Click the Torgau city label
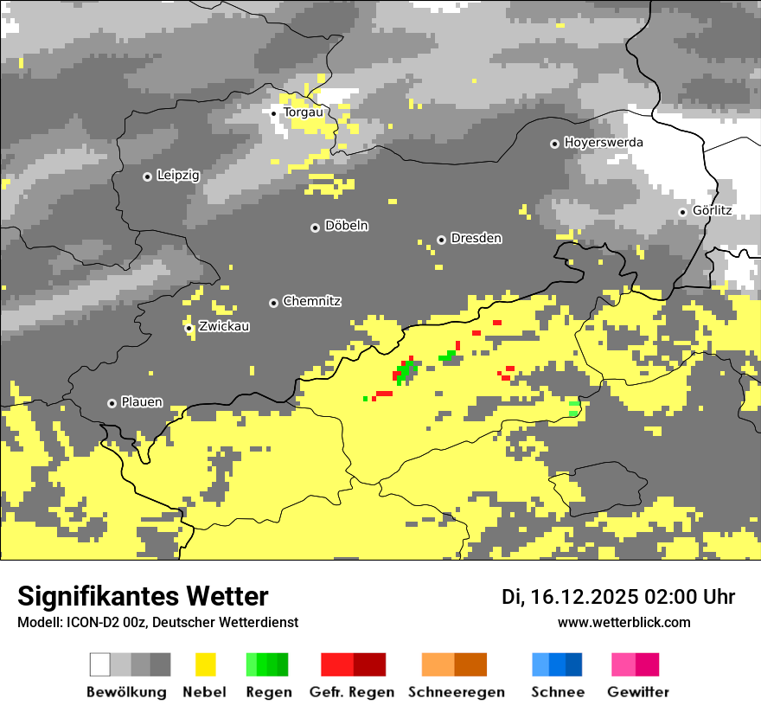[303, 112]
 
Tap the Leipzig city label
[178, 176]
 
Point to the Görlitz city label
[712, 210]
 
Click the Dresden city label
[476, 239]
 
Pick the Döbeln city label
[346, 226]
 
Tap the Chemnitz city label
[311, 302]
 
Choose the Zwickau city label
[224, 327]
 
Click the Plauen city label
[142, 402]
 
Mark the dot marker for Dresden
[441, 240]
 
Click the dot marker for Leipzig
[147, 176]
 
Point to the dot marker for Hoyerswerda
[554, 144]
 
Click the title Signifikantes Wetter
[143, 597]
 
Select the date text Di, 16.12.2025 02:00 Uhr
[618, 597]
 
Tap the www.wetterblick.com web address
[624, 622]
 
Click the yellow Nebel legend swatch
[205, 664]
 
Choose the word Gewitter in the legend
[637, 692]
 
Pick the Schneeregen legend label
[456, 692]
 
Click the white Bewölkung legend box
[100, 664]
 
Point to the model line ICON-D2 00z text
[157, 622]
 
